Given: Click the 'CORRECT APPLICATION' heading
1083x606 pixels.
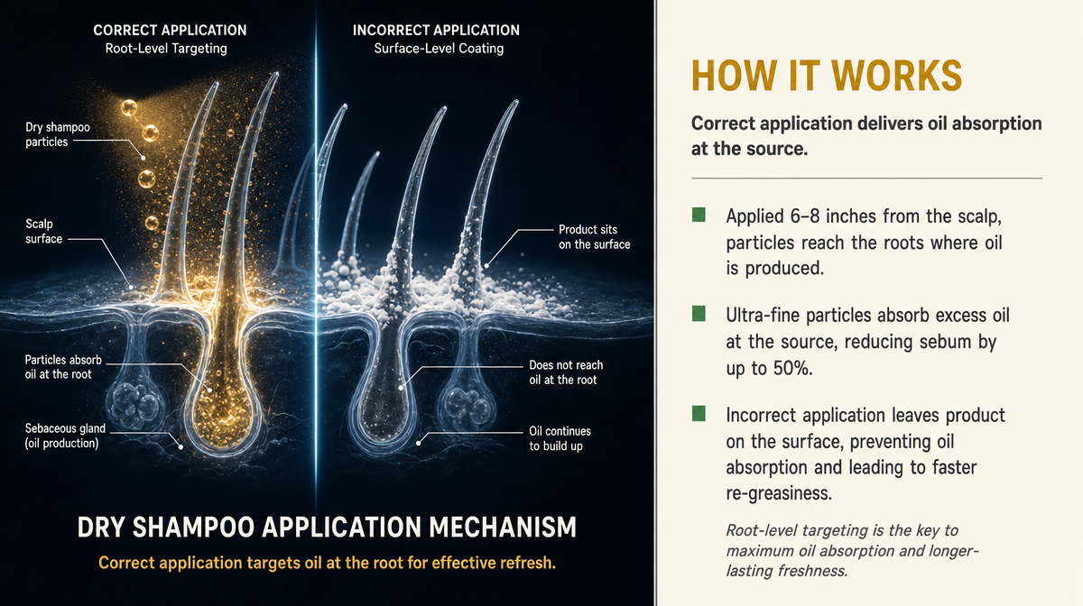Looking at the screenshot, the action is [x=170, y=31].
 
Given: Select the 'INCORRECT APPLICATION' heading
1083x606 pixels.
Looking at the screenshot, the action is [x=436, y=31].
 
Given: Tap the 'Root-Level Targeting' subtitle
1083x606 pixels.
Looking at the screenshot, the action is [x=166, y=49].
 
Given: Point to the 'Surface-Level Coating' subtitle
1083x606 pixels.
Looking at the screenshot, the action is [x=439, y=49].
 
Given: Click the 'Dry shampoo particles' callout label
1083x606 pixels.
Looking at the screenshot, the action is [x=58, y=134].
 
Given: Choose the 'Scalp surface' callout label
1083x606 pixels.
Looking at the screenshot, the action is [x=44, y=231].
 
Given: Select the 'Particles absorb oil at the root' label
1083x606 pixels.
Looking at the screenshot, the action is [x=63, y=367].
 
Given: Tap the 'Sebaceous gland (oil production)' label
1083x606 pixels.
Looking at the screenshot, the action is [x=65, y=436].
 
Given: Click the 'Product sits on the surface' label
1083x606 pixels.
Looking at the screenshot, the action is [x=594, y=237].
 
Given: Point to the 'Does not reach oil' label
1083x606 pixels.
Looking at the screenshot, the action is [x=566, y=372].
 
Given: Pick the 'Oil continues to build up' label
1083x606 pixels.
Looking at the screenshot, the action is [x=560, y=438].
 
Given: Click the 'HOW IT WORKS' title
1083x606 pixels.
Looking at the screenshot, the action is [x=827, y=77].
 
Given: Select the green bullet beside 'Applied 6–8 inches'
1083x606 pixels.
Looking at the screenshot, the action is [x=699, y=215].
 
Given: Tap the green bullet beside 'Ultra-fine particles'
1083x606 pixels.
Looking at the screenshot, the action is [x=699, y=314].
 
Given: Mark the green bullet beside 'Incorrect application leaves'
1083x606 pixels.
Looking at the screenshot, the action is [x=699, y=414].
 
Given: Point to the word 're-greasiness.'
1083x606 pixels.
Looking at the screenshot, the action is [x=779, y=493].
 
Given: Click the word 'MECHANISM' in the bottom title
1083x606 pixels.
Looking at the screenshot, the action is [x=503, y=528].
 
